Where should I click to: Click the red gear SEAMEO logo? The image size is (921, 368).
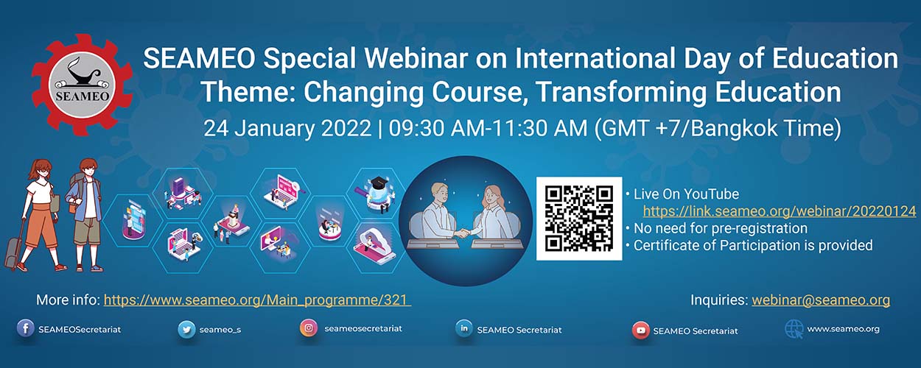(83, 85)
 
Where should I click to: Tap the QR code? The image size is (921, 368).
(579, 219)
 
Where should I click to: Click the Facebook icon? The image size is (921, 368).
(26, 328)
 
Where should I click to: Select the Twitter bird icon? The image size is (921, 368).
(186, 330)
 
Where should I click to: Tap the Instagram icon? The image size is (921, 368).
(309, 328)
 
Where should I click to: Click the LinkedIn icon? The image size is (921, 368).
(463, 328)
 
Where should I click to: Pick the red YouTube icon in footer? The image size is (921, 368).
(640, 330)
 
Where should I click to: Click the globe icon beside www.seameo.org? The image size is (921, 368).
(794, 330)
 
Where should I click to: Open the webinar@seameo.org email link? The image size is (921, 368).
(821, 300)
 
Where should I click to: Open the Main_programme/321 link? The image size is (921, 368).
(257, 300)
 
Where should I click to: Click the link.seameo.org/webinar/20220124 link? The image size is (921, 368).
(780, 211)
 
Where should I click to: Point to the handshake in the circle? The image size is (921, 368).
(463, 234)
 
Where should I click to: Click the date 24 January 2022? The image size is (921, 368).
(287, 129)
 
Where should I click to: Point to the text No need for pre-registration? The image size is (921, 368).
(721, 228)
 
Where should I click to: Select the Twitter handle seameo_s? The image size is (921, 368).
(220, 330)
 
